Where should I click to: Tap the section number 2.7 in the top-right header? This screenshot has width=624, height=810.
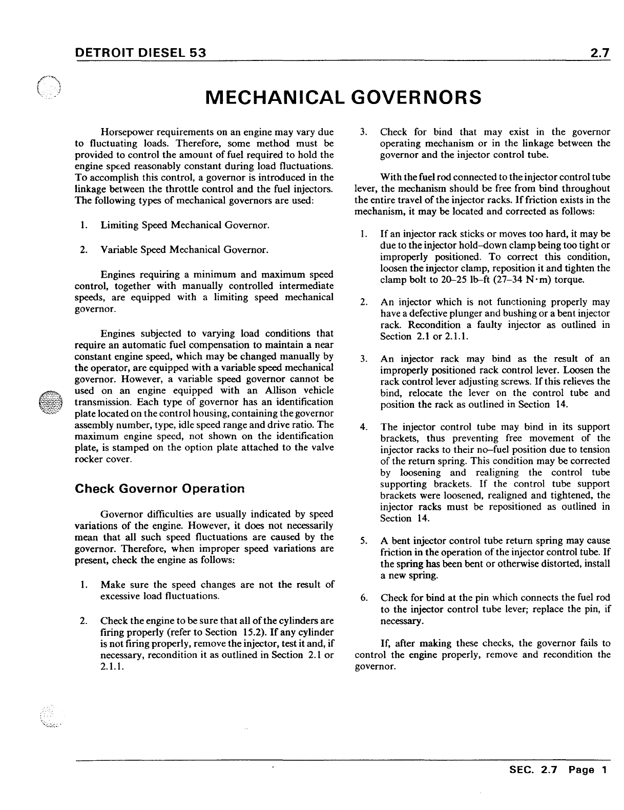598,53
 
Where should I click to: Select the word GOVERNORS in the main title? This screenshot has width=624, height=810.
418,97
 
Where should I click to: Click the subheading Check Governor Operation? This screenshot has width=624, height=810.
160,488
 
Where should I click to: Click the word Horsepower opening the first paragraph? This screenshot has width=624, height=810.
127,132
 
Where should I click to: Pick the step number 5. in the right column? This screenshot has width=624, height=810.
364,541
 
